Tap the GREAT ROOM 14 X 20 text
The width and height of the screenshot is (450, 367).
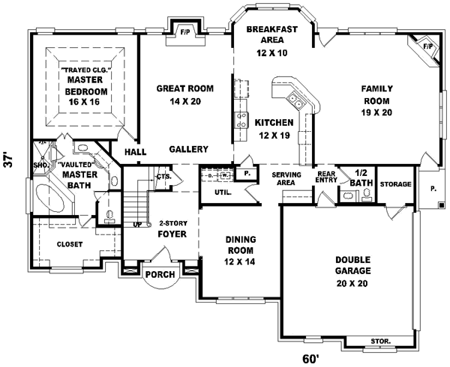click(184, 94)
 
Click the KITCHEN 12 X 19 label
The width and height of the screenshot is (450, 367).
click(273, 129)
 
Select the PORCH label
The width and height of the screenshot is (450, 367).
click(160, 275)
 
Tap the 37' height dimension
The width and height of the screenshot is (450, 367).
click(9, 160)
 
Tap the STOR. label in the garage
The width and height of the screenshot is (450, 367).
click(380, 340)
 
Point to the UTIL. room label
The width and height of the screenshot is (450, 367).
click(222, 192)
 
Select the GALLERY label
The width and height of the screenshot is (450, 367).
click(183, 149)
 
